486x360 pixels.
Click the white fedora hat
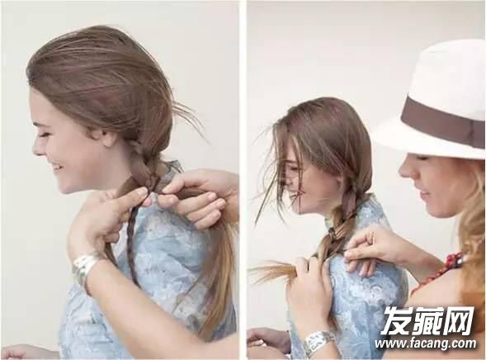tap(434, 102)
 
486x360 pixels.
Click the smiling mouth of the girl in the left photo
tap(57, 168)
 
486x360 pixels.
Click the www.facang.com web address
tap(425, 343)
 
